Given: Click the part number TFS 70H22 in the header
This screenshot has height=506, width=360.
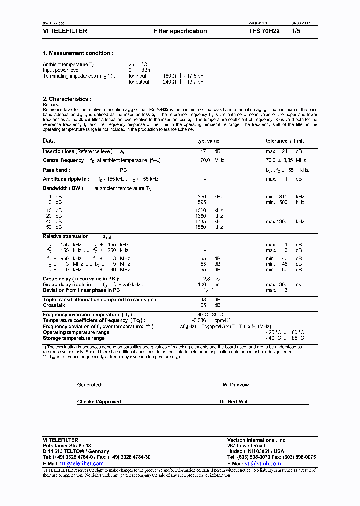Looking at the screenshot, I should tap(264, 31).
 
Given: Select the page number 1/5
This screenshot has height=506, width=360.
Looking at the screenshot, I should tap(296, 31).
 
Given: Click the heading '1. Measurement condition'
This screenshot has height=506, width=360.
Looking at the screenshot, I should tap(78, 53).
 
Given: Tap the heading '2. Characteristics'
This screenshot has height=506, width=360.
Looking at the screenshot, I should tap(67, 99).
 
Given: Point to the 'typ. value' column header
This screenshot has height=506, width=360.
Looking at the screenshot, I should tap(208, 141).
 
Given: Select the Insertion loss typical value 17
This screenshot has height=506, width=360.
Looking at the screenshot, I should tap(203, 151).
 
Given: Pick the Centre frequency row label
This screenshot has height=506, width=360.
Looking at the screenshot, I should tap(63, 160).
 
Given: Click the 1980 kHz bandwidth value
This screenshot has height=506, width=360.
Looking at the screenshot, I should tap(201, 227).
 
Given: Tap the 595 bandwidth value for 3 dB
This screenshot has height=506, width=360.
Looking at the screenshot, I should tap(202, 202).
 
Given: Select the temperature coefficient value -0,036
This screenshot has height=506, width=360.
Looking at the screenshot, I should tap(200, 320).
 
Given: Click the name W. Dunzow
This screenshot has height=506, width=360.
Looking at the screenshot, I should tap(235, 385).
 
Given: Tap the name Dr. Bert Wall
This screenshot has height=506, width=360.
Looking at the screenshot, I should tap(234, 402).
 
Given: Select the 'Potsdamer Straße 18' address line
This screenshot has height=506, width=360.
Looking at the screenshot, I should tap(67, 445).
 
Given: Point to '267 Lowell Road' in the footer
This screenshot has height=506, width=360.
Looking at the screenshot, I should tap(246, 445).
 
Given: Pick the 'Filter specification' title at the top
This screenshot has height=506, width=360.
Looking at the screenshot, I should tap(180, 31).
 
